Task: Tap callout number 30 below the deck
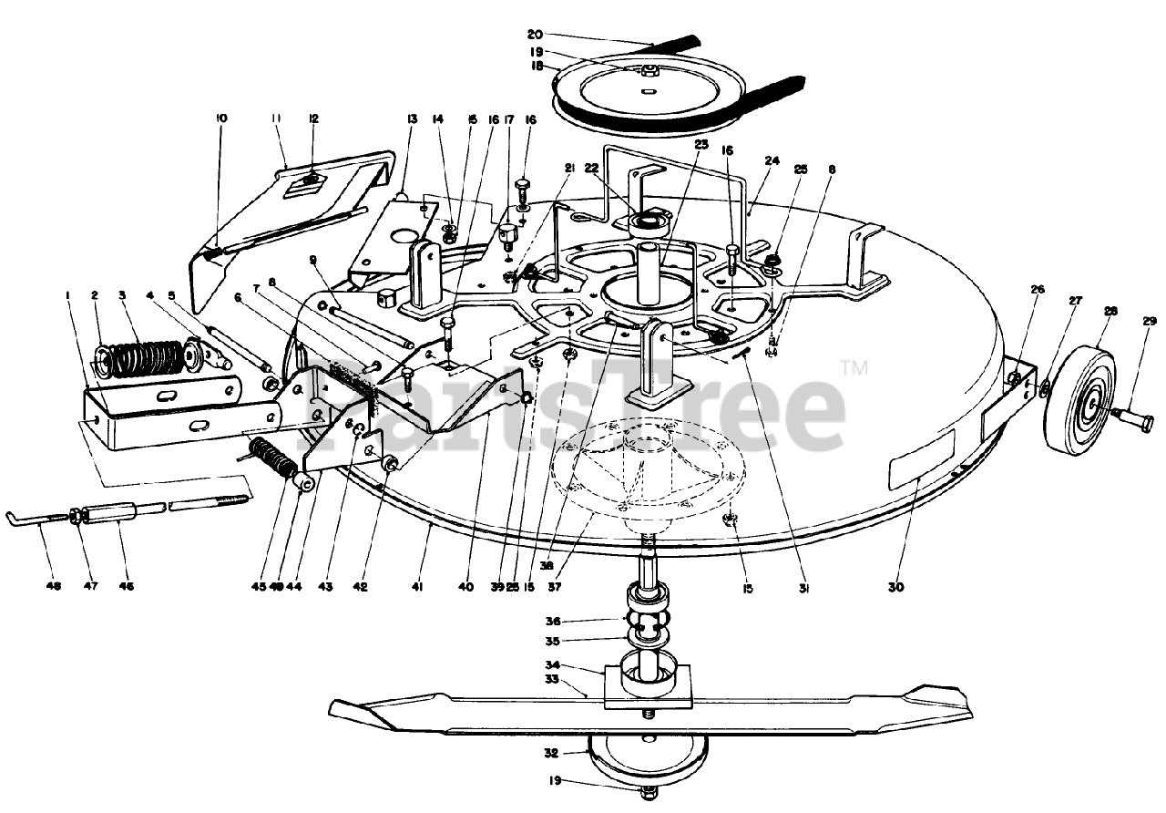pos(896,589)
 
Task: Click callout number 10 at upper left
pos(221,118)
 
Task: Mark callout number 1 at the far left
pos(67,294)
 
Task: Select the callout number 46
pos(126,588)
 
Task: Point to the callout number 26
pos(1037,290)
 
